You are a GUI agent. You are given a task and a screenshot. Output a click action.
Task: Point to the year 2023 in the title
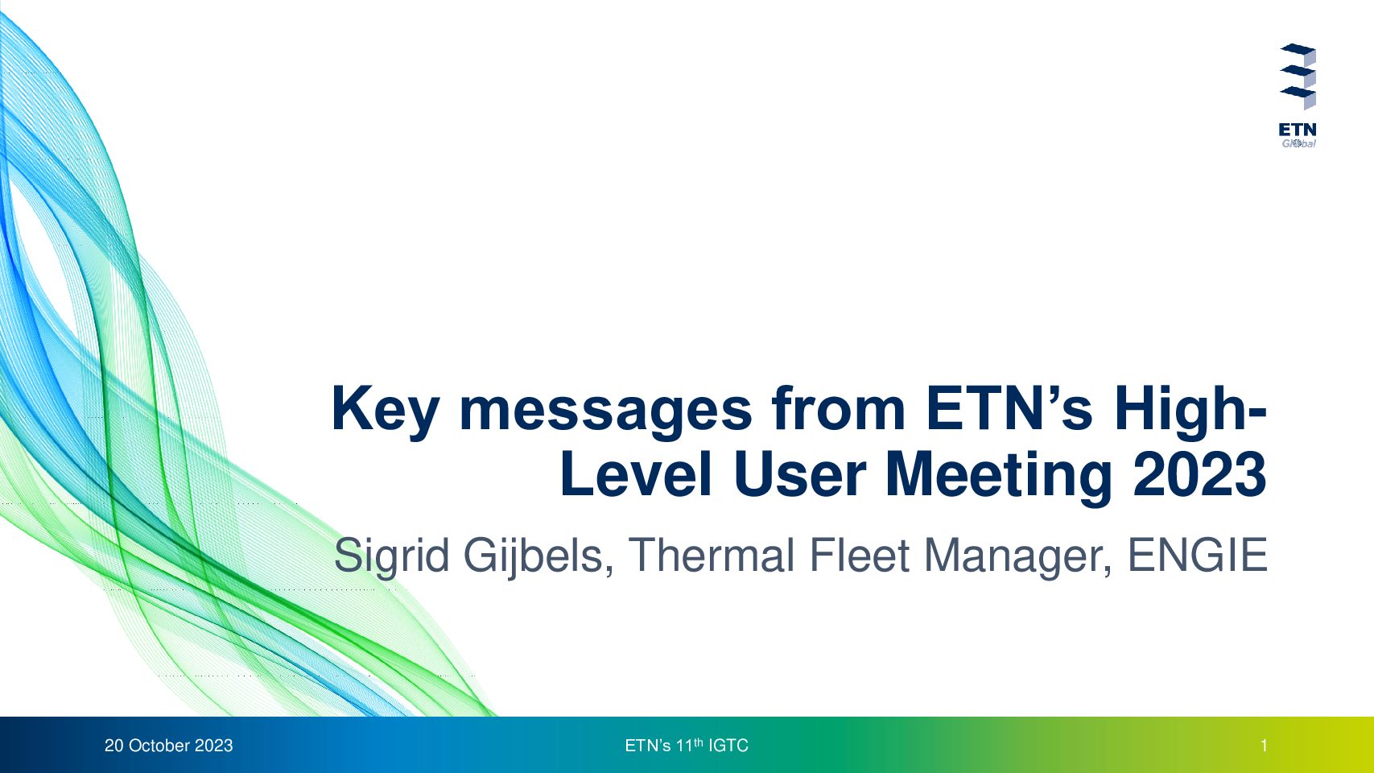pyautogui.click(x=1200, y=474)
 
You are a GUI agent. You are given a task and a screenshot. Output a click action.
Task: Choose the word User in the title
pyautogui.click(x=799, y=475)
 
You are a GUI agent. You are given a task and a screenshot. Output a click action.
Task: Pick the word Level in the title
pyautogui.click(x=636, y=474)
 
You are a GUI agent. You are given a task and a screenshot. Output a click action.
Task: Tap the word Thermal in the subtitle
pyautogui.click(x=712, y=555)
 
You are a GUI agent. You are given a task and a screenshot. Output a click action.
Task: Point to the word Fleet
pyautogui.click(x=860, y=555)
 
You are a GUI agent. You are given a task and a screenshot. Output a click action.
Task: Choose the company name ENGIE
pyautogui.click(x=1198, y=555)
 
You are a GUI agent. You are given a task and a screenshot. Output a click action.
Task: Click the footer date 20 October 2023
pyautogui.click(x=169, y=746)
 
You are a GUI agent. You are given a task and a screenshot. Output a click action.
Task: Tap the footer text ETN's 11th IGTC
pyautogui.click(x=687, y=746)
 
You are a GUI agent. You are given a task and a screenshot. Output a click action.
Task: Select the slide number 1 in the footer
pyautogui.click(x=1264, y=746)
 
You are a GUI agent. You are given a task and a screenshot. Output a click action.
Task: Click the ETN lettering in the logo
pyautogui.click(x=1298, y=130)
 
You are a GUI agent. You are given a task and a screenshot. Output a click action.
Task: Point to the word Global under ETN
pyautogui.click(x=1298, y=143)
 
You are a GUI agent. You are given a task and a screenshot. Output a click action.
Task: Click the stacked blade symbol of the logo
pyautogui.click(x=1298, y=76)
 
